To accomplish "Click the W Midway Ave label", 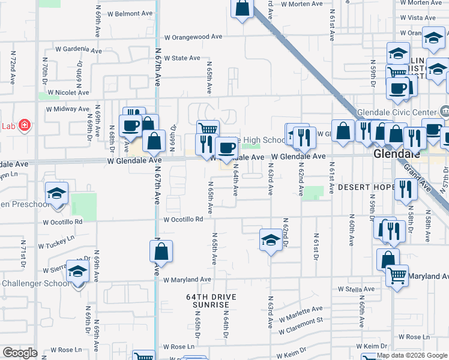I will point(68,109).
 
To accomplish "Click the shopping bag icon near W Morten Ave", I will point(241,9).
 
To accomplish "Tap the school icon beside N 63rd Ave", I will point(271,240).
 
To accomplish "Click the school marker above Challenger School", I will point(77,271).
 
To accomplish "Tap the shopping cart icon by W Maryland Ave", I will point(397,276).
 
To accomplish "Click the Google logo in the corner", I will point(20,353).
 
